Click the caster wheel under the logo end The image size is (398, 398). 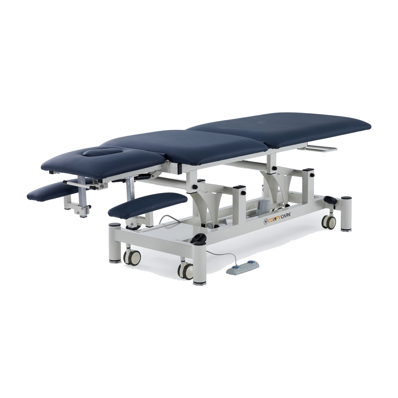point(329,222)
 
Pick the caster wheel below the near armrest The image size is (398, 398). point(132,257)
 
